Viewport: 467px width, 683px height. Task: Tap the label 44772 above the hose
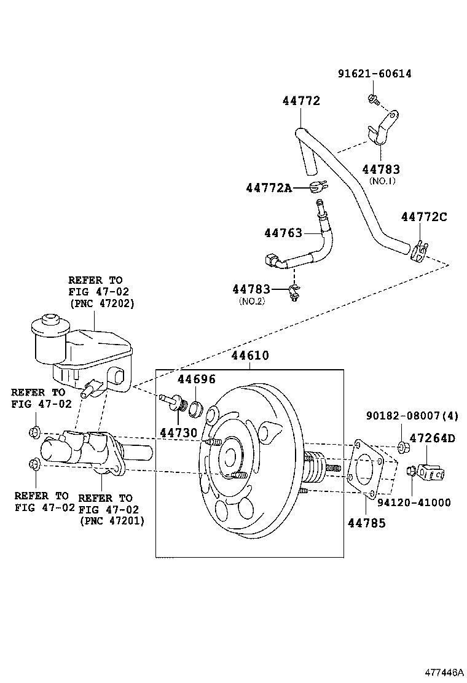pyautogui.click(x=301, y=101)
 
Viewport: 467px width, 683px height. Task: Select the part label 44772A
pyautogui.click(x=269, y=188)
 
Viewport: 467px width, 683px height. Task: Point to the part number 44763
pyautogui.click(x=283, y=233)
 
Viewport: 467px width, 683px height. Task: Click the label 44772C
pyautogui.click(x=424, y=216)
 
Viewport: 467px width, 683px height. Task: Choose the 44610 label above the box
pyautogui.click(x=250, y=356)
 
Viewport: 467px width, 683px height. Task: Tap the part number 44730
pyautogui.click(x=178, y=432)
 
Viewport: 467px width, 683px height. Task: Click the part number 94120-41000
pyautogui.click(x=414, y=502)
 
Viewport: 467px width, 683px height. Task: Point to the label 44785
pyautogui.click(x=367, y=523)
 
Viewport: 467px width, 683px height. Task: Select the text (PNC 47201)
pyautogui.click(x=111, y=521)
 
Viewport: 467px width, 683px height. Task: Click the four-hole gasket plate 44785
pyautogui.click(x=366, y=469)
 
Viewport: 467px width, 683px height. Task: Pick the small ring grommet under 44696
pyautogui.click(x=197, y=407)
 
